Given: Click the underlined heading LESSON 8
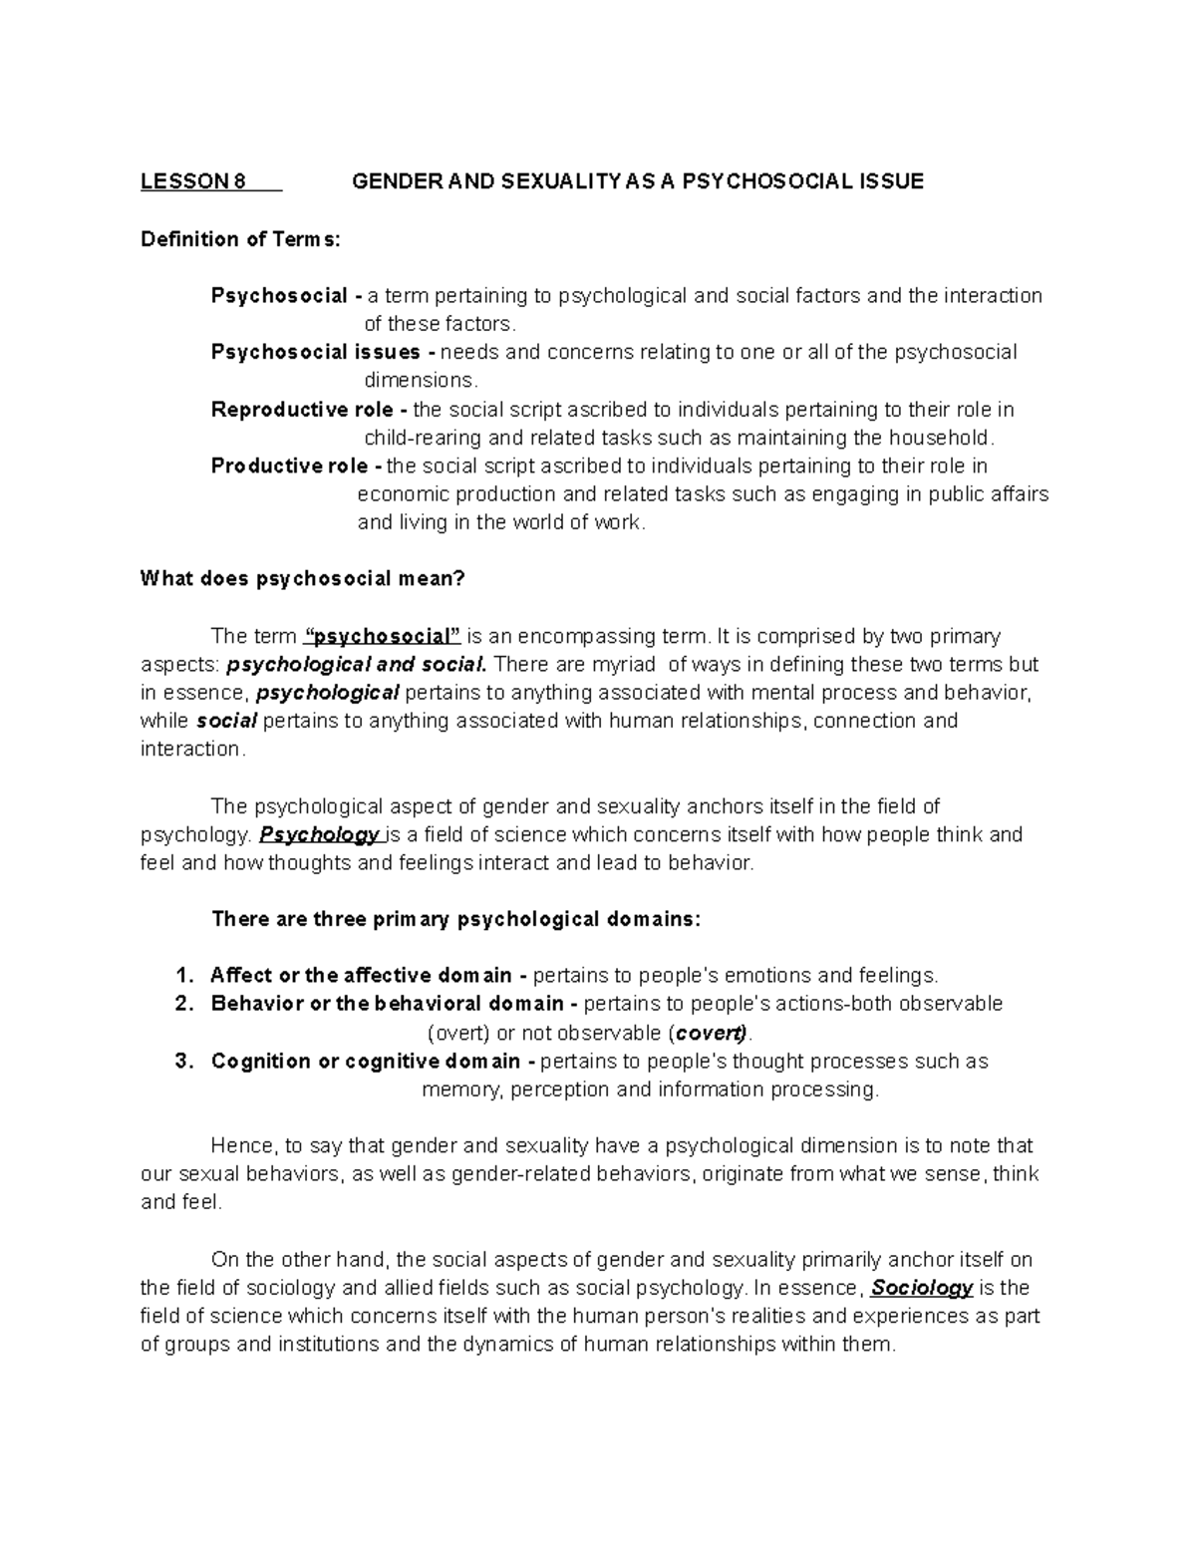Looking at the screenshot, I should point(193,181).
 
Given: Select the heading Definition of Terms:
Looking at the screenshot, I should point(240,239).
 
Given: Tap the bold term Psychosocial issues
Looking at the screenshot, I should point(316,352).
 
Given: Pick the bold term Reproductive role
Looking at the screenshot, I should point(302,410).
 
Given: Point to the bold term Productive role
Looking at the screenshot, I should point(289,466).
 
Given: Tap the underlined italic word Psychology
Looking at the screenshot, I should point(319,835).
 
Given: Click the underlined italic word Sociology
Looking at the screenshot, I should point(921,1288).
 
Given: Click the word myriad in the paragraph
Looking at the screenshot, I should point(625,665).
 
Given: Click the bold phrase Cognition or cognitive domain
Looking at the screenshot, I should point(366,1062).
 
